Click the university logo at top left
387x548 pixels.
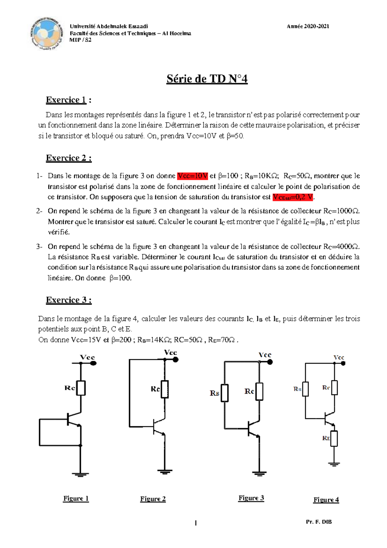[46, 34]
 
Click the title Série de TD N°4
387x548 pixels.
[207, 79]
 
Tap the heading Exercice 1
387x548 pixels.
[66, 100]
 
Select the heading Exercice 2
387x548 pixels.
[68, 158]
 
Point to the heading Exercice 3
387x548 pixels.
[68, 300]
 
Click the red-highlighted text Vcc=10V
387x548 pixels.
[192, 176]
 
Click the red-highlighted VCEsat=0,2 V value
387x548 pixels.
[293, 197]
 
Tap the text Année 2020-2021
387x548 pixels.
[308, 26]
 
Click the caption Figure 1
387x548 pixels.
[76, 498]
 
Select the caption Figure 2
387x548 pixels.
[153, 499]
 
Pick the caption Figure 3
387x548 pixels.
[251, 498]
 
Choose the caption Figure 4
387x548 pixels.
[326, 500]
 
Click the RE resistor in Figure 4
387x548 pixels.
[334, 439]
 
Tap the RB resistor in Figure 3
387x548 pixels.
[225, 393]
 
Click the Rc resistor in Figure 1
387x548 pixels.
[81, 388]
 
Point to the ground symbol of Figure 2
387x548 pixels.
[165, 472]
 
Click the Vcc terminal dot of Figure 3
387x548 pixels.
[270, 362]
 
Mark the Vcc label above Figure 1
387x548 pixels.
[87, 357]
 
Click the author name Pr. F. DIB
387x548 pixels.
[319, 522]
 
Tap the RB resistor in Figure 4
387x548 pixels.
[305, 389]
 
